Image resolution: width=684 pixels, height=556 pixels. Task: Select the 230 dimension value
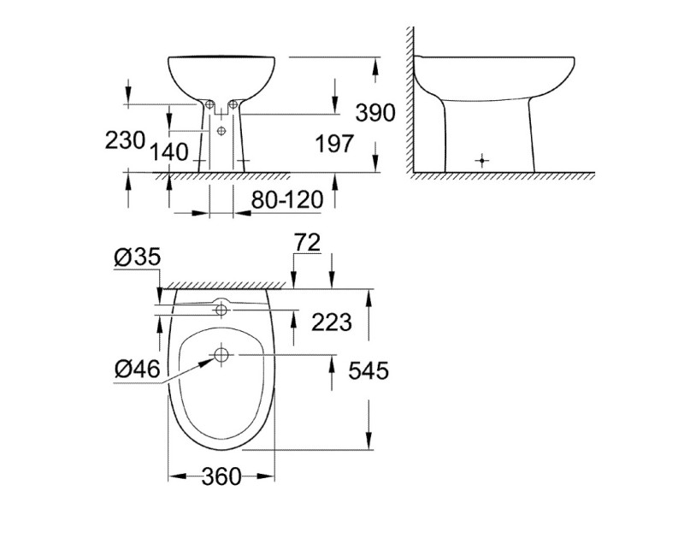click(x=126, y=140)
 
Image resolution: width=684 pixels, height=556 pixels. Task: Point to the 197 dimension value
click(x=334, y=144)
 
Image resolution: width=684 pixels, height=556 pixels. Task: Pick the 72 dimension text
click(x=306, y=242)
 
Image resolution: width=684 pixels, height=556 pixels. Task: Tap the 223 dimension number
click(x=333, y=322)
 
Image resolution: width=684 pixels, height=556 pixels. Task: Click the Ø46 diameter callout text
click(x=135, y=369)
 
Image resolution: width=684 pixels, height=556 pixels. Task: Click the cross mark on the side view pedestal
click(x=484, y=160)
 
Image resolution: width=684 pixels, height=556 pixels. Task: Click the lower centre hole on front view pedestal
click(x=221, y=130)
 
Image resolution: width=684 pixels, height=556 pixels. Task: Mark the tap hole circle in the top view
click(x=221, y=307)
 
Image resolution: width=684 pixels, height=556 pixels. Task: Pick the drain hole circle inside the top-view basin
click(x=221, y=354)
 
